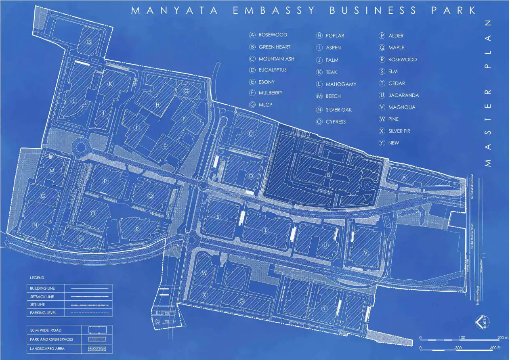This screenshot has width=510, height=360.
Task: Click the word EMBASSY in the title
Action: [273, 11]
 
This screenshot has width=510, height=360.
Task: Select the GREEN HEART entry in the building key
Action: [274, 47]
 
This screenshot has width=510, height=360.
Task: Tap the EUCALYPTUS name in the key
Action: [272, 70]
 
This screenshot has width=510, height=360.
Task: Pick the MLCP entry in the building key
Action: [265, 105]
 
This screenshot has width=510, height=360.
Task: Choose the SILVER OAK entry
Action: [338, 110]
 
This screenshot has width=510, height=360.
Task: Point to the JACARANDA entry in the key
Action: [403, 96]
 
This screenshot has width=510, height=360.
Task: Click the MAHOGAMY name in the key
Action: [341, 84]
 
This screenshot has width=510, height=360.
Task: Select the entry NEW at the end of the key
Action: [393, 143]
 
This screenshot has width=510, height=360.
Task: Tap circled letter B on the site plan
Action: [329, 175]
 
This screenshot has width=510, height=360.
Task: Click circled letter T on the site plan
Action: [265, 230]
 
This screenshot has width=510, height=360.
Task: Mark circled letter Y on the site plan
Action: [324, 308]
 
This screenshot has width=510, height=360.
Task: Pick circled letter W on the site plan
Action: [204, 273]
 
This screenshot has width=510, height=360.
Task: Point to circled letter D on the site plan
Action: [251, 176]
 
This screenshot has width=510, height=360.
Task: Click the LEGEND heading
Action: [37, 278]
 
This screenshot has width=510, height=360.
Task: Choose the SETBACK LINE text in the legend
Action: [42, 297]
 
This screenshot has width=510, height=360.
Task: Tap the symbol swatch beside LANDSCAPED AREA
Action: [97, 348]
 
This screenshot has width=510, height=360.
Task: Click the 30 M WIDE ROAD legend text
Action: [45, 331]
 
